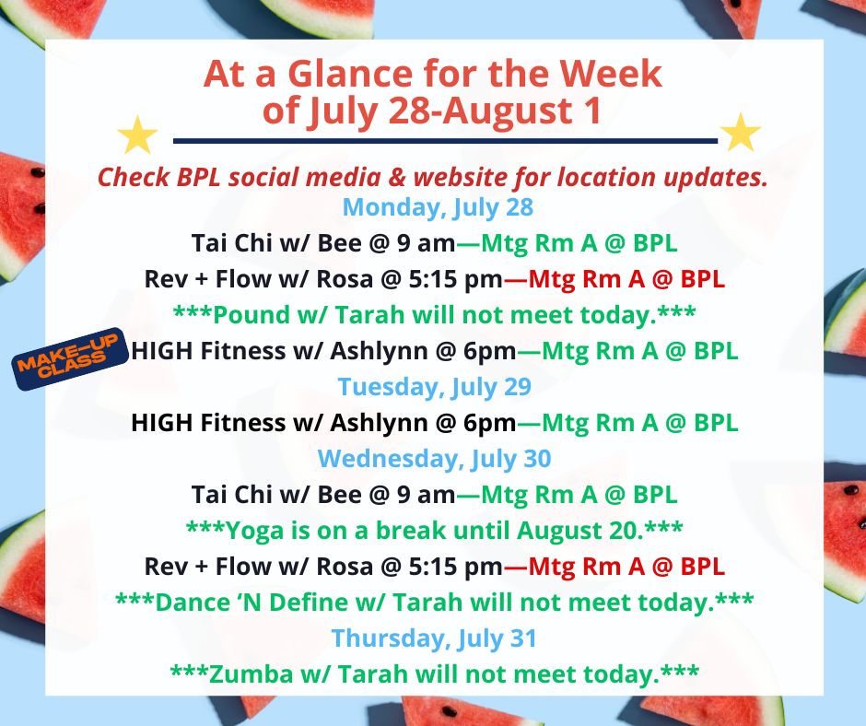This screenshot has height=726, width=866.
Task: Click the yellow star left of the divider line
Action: (137, 135)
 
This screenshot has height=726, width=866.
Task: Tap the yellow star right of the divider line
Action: (741, 133)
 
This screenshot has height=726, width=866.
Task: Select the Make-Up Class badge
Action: (70, 358)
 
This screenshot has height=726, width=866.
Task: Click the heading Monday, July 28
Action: (438, 207)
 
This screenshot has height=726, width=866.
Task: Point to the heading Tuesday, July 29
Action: (435, 387)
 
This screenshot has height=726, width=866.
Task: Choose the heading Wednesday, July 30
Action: (435, 459)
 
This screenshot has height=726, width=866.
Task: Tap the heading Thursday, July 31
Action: (434, 638)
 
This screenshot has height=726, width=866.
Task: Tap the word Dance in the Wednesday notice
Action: (191, 603)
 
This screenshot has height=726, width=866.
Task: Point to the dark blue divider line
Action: (445, 141)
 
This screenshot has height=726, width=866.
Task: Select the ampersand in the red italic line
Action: (396, 178)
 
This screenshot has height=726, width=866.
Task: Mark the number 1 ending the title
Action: (593, 110)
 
